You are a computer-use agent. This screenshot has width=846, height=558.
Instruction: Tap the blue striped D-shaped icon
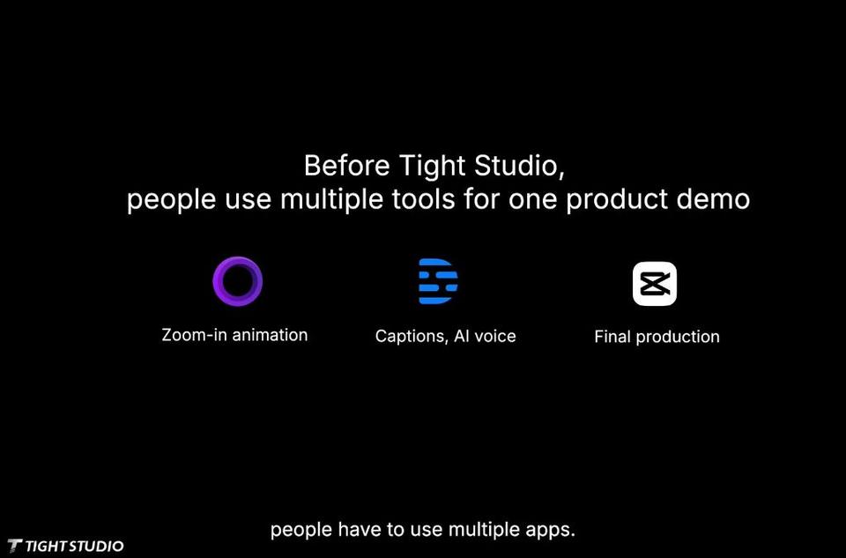(x=438, y=281)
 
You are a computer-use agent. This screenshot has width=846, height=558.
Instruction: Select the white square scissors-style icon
(x=655, y=284)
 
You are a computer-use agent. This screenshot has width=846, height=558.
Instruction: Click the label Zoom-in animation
(x=234, y=335)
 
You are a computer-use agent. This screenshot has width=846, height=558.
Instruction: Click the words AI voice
(x=485, y=336)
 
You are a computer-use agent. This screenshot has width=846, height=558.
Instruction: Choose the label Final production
(x=657, y=337)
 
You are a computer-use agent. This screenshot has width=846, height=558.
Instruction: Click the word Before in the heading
(x=346, y=165)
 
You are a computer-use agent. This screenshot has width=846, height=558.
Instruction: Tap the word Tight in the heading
(x=432, y=167)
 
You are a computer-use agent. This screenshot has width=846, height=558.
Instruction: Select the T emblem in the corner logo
(x=15, y=547)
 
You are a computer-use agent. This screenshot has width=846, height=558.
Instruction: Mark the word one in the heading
(x=532, y=200)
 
